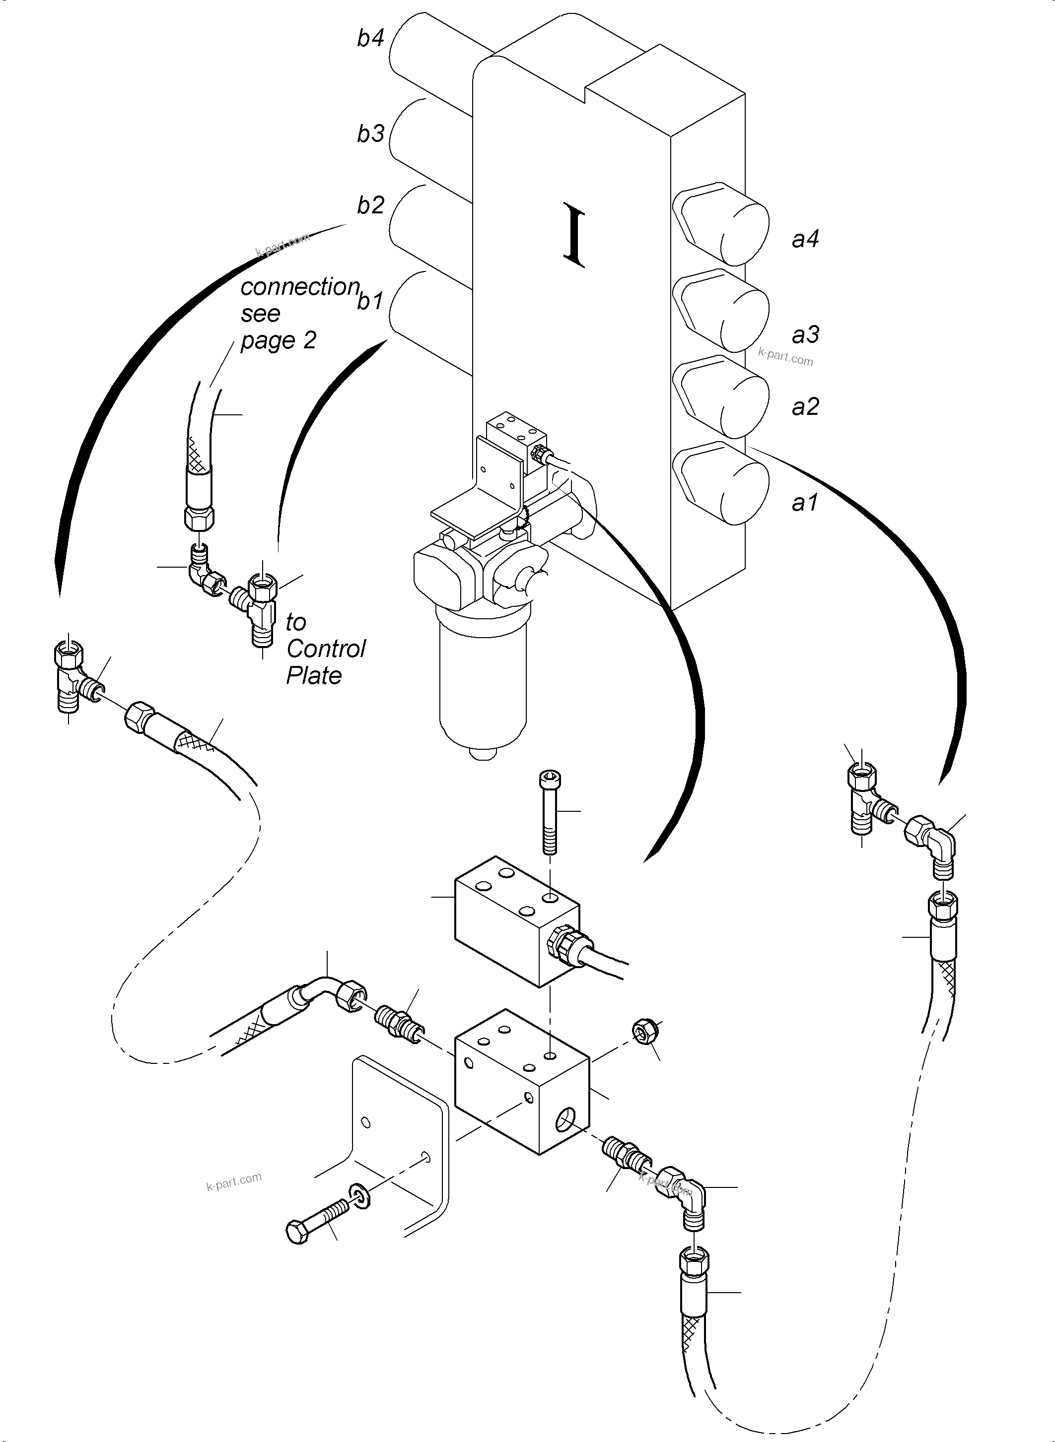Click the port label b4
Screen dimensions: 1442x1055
(370, 38)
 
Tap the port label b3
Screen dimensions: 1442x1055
(370, 133)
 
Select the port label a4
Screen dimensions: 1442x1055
(805, 239)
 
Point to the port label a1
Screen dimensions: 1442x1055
(805, 504)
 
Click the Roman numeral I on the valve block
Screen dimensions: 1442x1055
(574, 234)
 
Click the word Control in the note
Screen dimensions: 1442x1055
(326, 649)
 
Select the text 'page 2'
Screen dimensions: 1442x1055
(279, 340)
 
